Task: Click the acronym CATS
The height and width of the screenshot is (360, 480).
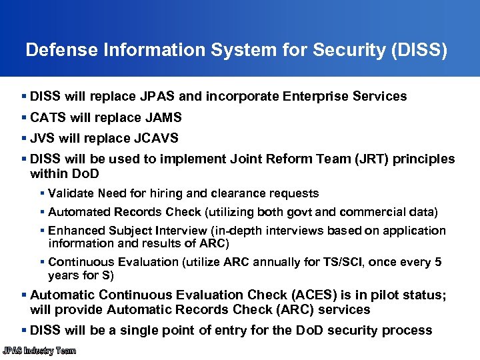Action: pyautogui.click(x=48, y=117)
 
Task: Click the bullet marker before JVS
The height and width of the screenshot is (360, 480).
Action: pyautogui.click(x=24, y=138)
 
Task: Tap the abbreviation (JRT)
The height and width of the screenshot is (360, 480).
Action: pyautogui.click(x=371, y=159)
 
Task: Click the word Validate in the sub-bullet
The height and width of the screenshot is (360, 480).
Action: pyautogui.click(x=71, y=193)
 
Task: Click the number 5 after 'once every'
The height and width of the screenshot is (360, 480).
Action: pyautogui.click(x=437, y=263)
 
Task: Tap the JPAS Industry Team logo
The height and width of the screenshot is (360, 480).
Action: pyautogui.click(x=39, y=351)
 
